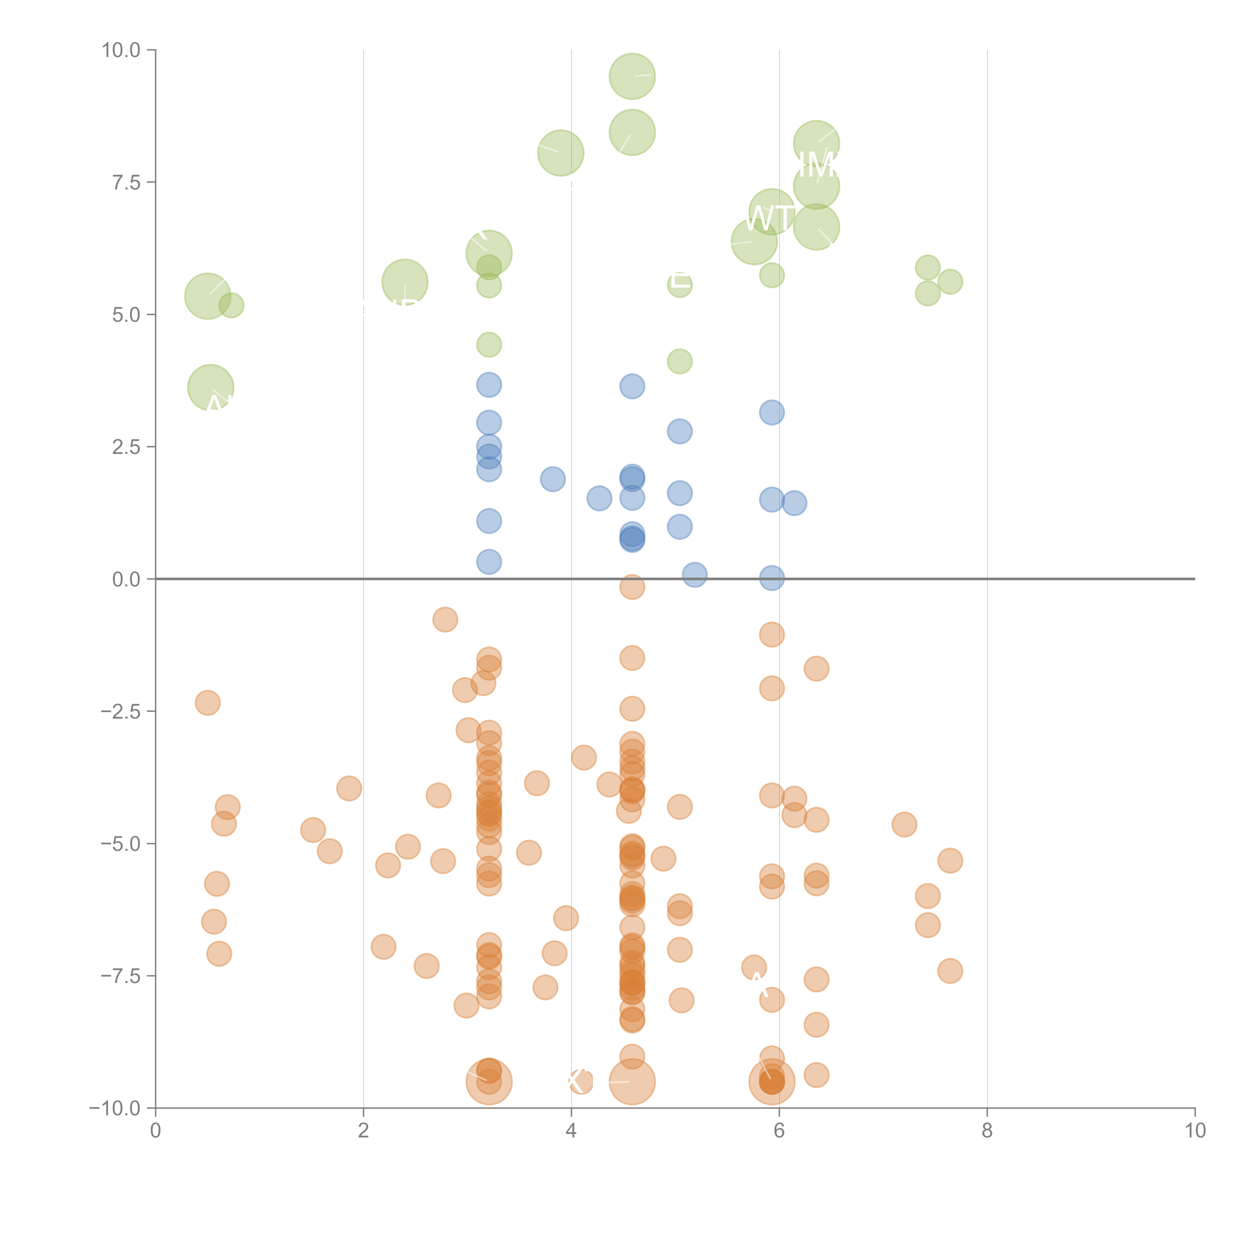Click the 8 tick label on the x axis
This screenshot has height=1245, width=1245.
(987, 1131)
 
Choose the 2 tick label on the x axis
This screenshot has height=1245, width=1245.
(364, 1131)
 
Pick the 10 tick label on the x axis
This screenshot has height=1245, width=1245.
(1195, 1131)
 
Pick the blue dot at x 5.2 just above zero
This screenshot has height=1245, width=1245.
(694, 574)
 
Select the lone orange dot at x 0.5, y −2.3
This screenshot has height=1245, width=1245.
(207, 702)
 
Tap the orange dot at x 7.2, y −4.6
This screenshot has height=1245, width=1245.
(904, 824)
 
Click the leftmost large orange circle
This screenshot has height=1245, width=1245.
(489, 1081)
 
